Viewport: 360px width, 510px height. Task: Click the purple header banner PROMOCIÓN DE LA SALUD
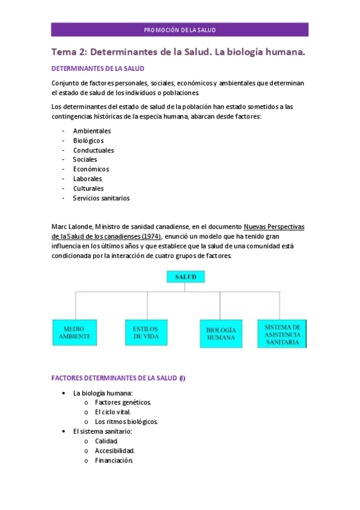point(180,29)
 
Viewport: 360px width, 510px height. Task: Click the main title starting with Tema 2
point(178,52)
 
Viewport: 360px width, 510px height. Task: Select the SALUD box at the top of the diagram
point(186,277)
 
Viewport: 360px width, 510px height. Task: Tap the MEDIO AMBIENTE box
point(75,333)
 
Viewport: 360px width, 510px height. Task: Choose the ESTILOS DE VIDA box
point(145,333)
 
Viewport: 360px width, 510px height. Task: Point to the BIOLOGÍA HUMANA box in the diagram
point(221,334)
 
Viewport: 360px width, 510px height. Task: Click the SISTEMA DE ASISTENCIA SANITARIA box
point(282,334)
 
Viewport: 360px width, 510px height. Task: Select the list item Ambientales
point(92,131)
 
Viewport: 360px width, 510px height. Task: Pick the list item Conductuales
point(94,150)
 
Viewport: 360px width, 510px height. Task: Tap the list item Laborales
point(88,179)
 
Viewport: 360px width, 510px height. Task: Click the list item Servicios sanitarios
point(101,198)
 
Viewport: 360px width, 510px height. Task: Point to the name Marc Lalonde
point(72,227)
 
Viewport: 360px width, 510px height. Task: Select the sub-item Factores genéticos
point(123,402)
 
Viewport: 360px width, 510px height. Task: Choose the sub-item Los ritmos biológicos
point(126,422)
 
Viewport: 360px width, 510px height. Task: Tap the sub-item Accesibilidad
point(115,450)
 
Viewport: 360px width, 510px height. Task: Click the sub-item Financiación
point(114,461)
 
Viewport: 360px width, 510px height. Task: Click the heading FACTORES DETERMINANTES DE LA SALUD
point(114,378)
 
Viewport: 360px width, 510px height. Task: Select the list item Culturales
point(88,188)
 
